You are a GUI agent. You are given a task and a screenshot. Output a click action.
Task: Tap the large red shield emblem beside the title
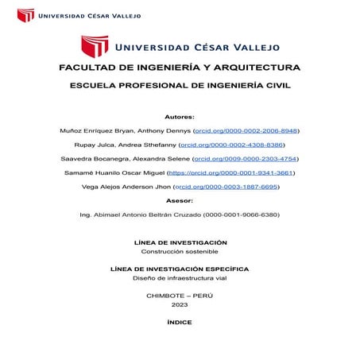pyautogui.click(x=95, y=45)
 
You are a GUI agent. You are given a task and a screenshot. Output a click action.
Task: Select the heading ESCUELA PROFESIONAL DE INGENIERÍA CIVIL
pyautogui.click(x=180, y=86)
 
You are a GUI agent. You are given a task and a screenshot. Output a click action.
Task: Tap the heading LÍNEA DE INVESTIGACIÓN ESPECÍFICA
pyautogui.click(x=180, y=269)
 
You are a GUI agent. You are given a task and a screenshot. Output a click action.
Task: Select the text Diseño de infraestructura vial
pyautogui.click(x=180, y=278)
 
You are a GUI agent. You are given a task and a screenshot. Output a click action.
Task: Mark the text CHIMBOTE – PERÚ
pyautogui.click(x=180, y=296)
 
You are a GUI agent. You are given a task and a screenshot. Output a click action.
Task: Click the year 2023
pyautogui.click(x=180, y=305)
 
